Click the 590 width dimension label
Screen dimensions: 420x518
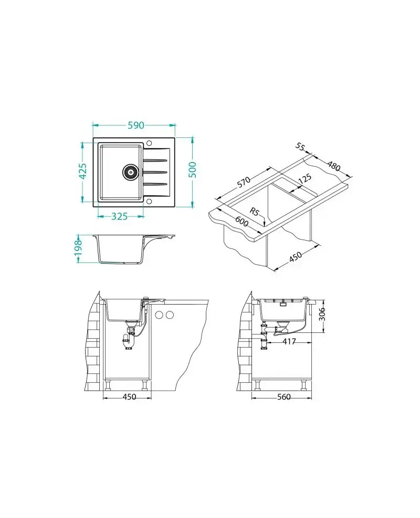[x=136, y=125]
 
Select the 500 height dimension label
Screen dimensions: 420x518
[x=192, y=170]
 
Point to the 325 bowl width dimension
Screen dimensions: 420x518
[x=119, y=217]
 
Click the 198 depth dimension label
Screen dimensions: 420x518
[x=78, y=247]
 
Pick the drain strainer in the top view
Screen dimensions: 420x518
[x=130, y=172]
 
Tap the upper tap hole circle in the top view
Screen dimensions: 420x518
[x=149, y=143]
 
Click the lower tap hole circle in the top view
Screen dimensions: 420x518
[x=149, y=201]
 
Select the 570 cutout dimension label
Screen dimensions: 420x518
[x=244, y=182]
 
